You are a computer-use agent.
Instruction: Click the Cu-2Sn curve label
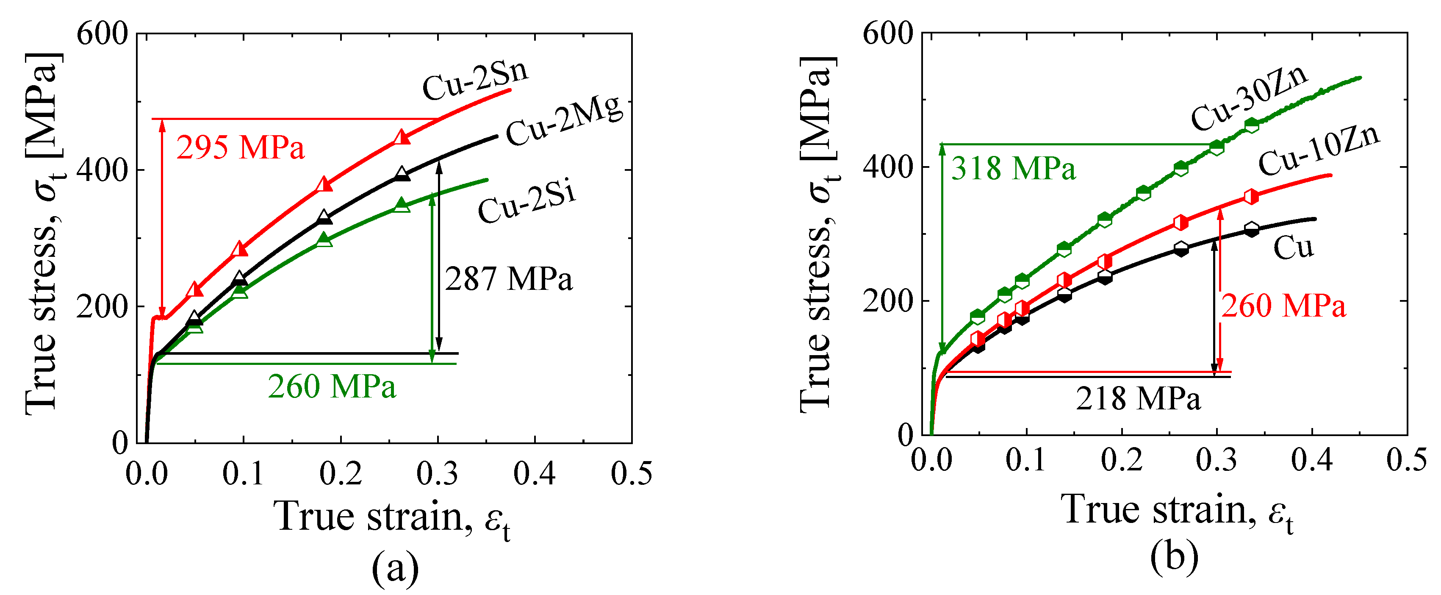(x=475, y=81)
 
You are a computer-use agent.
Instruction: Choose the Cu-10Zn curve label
(x=1319, y=150)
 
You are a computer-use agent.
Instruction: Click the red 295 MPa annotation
(x=241, y=148)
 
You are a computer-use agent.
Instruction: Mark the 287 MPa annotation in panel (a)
(x=508, y=279)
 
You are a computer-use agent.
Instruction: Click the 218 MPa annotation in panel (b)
(x=1139, y=400)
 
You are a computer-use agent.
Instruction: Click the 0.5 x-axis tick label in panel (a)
(x=631, y=473)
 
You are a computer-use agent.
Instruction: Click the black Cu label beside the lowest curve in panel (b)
(x=1293, y=247)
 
